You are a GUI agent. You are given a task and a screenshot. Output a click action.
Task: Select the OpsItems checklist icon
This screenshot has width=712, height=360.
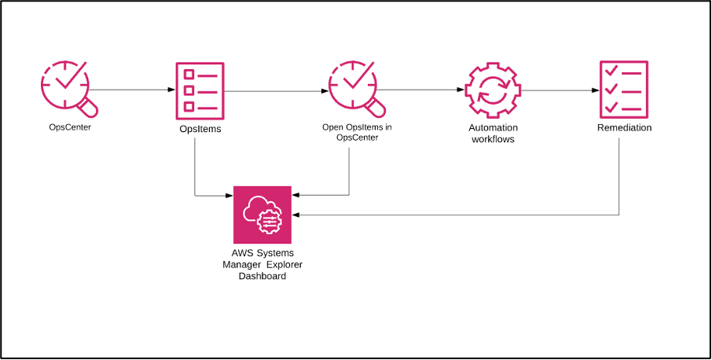point(200,88)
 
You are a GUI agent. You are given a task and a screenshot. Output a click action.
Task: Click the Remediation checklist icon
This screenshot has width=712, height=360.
point(623,88)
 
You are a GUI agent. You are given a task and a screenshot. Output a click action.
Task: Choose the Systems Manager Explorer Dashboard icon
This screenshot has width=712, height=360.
point(262,215)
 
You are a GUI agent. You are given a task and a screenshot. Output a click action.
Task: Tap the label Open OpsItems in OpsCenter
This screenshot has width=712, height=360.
point(356,132)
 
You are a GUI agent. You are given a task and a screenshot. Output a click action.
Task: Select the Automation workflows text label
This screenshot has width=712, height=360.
point(491,133)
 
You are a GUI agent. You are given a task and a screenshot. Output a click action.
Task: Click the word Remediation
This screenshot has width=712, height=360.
point(624,127)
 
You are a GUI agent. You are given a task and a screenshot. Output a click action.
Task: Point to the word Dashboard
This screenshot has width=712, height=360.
point(262,276)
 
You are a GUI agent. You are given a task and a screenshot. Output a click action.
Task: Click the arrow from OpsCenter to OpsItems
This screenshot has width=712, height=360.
point(134,90)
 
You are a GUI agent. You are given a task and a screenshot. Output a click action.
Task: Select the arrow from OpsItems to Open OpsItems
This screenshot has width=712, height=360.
point(275,91)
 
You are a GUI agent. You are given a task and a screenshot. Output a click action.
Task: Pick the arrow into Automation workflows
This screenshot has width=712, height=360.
point(420,90)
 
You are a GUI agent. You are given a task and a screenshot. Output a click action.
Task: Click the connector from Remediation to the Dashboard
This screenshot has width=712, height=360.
point(472,215)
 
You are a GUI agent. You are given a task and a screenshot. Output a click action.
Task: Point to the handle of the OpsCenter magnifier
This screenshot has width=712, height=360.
point(88,106)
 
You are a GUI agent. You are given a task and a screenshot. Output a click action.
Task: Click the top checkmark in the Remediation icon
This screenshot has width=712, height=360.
point(611,72)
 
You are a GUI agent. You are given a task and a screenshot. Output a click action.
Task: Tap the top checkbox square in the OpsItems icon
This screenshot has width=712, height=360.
point(189,74)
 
